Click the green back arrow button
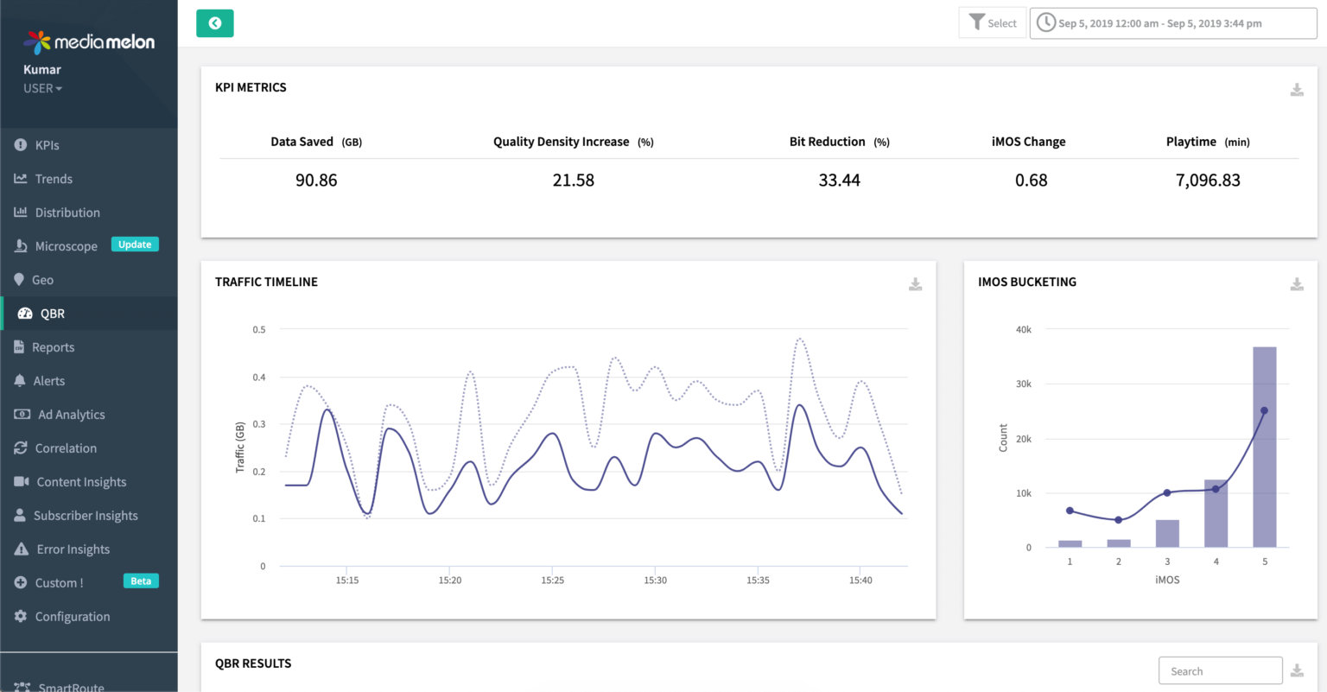(215, 23)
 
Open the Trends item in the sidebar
(54, 179)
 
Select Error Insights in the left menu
(73, 549)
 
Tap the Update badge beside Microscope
(135, 244)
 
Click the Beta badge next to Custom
(141, 581)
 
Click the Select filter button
(993, 23)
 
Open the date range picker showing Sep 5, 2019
(1172, 23)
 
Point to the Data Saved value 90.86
(316, 181)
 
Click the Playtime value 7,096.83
(1207, 181)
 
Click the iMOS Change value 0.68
(1031, 181)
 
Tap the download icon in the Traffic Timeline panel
(915, 284)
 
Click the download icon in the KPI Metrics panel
(1296, 90)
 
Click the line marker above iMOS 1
(1070, 511)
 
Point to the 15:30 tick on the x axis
(655, 581)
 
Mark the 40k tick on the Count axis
(1023, 330)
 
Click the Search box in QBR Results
(1219, 671)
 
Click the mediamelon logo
(89, 41)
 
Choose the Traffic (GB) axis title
(240, 448)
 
